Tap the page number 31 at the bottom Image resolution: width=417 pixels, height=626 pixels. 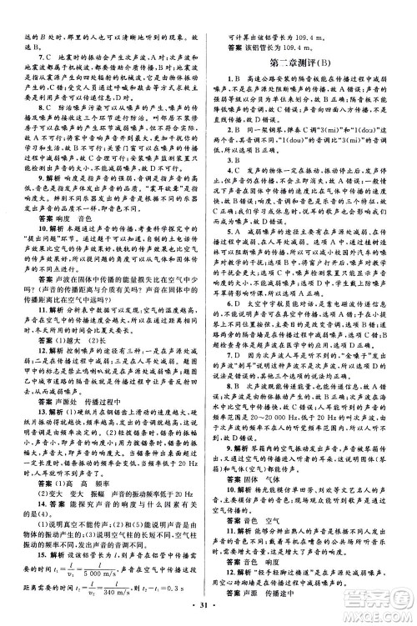coord(209,613)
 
